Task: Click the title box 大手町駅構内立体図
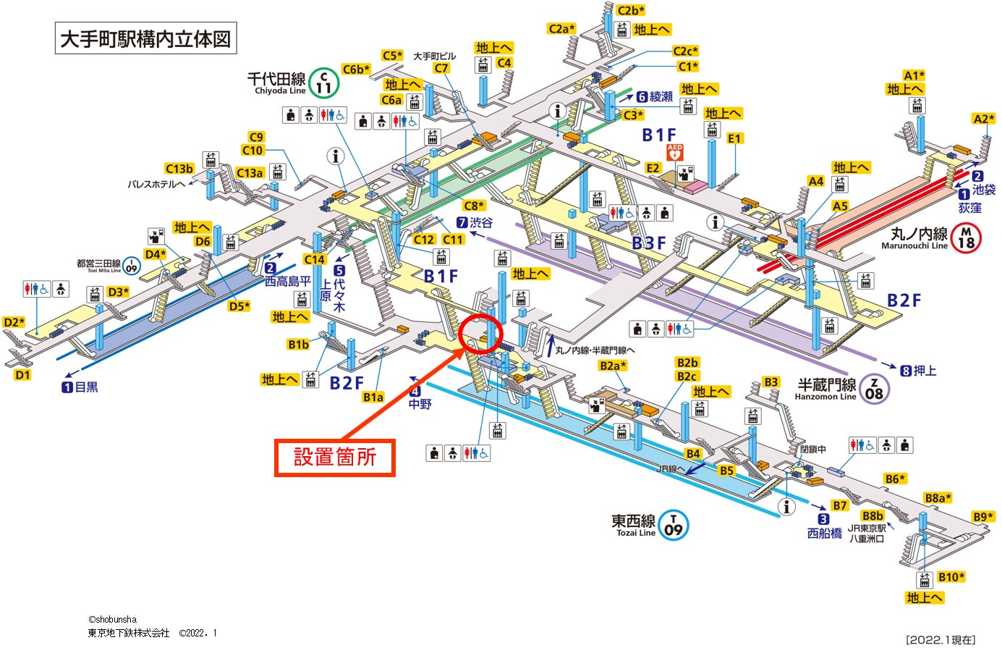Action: [x=146, y=38]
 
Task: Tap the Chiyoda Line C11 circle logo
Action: [x=324, y=83]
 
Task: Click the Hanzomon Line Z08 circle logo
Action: [x=874, y=389]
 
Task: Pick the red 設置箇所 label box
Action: [x=335, y=458]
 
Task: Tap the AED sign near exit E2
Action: [x=674, y=153]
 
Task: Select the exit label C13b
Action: [x=179, y=169]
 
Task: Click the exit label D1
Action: [x=22, y=374]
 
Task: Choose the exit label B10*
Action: [x=951, y=577]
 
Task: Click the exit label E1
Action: [x=735, y=138]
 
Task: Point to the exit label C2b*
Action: [x=631, y=10]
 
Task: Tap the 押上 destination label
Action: [x=924, y=371]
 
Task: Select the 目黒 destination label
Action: [x=86, y=387]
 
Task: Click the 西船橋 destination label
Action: [x=825, y=534]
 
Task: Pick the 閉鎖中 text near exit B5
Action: [x=813, y=449]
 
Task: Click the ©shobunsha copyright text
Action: [x=112, y=620]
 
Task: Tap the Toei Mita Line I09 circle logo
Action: [x=131, y=266]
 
